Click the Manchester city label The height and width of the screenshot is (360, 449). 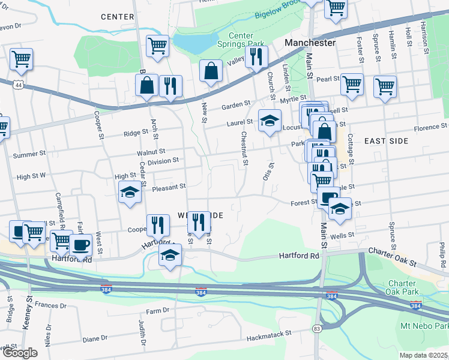pyautogui.click(x=310, y=43)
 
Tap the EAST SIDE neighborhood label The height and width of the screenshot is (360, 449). pyautogui.click(x=387, y=141)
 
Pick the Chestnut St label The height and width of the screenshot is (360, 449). pyautogui.click(x=245, y=149)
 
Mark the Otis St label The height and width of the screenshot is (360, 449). pyautogui.click(x=268, y=172)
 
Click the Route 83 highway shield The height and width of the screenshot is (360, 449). pyautogui.click(x=316, y=329)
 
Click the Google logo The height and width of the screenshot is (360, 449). pyautogui.click(x=20, y=353)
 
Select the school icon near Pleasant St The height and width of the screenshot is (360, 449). pyautogui.click(x=130, y=193)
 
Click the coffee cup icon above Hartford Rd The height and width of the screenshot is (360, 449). pyautogui.click(x=80, y=244)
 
